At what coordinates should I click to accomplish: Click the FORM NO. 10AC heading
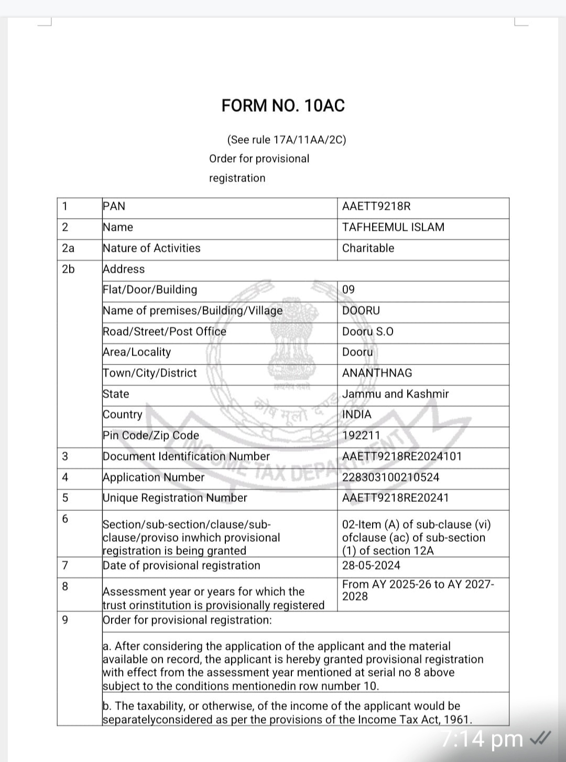[283, 105]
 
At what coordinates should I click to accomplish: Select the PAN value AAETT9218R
[376, 206]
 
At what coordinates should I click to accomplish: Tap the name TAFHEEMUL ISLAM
[393, 227]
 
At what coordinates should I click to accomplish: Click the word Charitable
[368, 248]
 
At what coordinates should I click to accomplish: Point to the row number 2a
[68, 248]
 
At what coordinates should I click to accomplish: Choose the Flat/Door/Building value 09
[349, 289]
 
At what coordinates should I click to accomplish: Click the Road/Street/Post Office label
[164, 331]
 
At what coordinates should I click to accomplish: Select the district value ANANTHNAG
[377, 373]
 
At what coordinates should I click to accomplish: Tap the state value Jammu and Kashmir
[395, 394]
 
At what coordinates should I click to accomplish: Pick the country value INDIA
[356, 414]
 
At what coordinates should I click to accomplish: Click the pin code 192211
[361, 435]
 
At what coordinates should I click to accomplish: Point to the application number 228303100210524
[390, 477]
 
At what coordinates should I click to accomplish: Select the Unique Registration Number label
[175, 498]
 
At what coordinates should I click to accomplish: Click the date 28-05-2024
[371, 565]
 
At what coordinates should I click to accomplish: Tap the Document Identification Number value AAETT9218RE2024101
[402, 456]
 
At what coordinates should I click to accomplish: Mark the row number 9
[65, 620]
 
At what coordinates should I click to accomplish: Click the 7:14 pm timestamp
[482, 739]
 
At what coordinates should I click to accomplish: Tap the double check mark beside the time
[540, 738]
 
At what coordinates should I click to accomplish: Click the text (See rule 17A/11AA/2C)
[286, 139]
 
